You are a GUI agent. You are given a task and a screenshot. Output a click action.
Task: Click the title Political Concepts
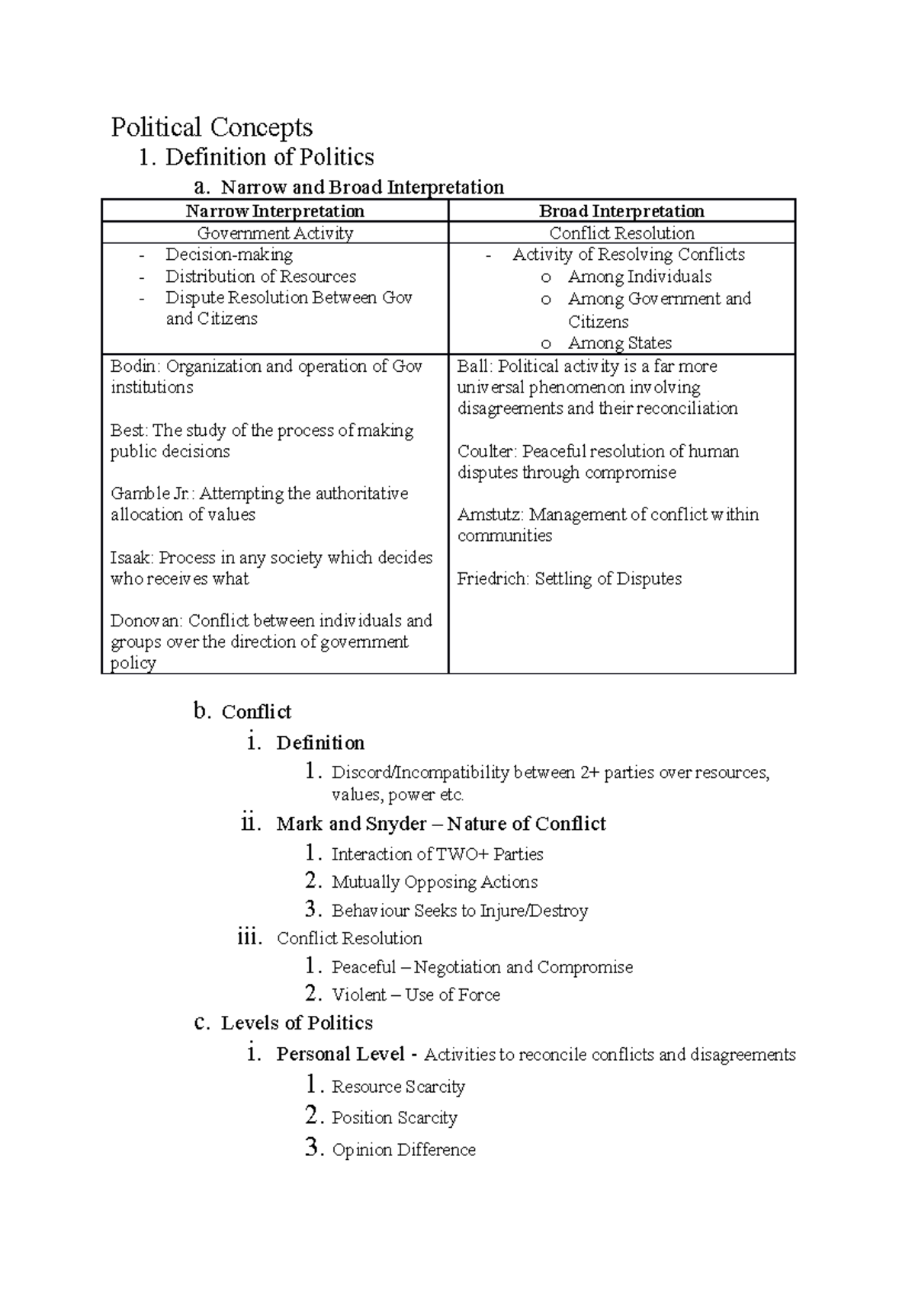pyautogui.click(x=211, y=127)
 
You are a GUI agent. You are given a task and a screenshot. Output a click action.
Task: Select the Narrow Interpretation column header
pyautogui.click(x=274, y=211)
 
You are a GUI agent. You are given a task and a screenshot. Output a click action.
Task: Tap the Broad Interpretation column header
pyautogui.click(x=621, y=211)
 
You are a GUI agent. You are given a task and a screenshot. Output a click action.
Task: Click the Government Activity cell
pyautogui.click(x=274, y=233)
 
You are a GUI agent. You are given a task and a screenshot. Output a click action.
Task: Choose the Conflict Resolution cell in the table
pyautogui.click(x=621, y=233)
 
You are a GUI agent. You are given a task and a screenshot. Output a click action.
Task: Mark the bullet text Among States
pyautogui.click(x=619, y=344)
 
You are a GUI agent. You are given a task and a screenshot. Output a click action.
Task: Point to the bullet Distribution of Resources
pyautogui.click(x=261, y=277)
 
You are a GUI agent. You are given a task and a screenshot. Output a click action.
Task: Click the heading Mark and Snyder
pyautogui.click(x=351, y=824)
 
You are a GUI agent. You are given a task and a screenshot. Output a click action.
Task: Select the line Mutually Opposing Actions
pyautogui.click(x=435, y=882)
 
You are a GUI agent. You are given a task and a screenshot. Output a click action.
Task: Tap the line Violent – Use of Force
pyautogui.click(x=416, y=995)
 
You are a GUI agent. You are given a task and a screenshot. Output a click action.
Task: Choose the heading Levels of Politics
pyautogui.click(x=297, y=1023)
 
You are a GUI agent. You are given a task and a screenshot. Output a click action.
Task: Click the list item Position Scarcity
pyautogui.click(x=394, y=1118)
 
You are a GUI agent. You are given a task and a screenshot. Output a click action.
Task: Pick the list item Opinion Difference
pyautogui.click(x=403, y=1150)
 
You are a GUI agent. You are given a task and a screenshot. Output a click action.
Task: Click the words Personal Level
pyautogui.click(x=340, y=1055)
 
